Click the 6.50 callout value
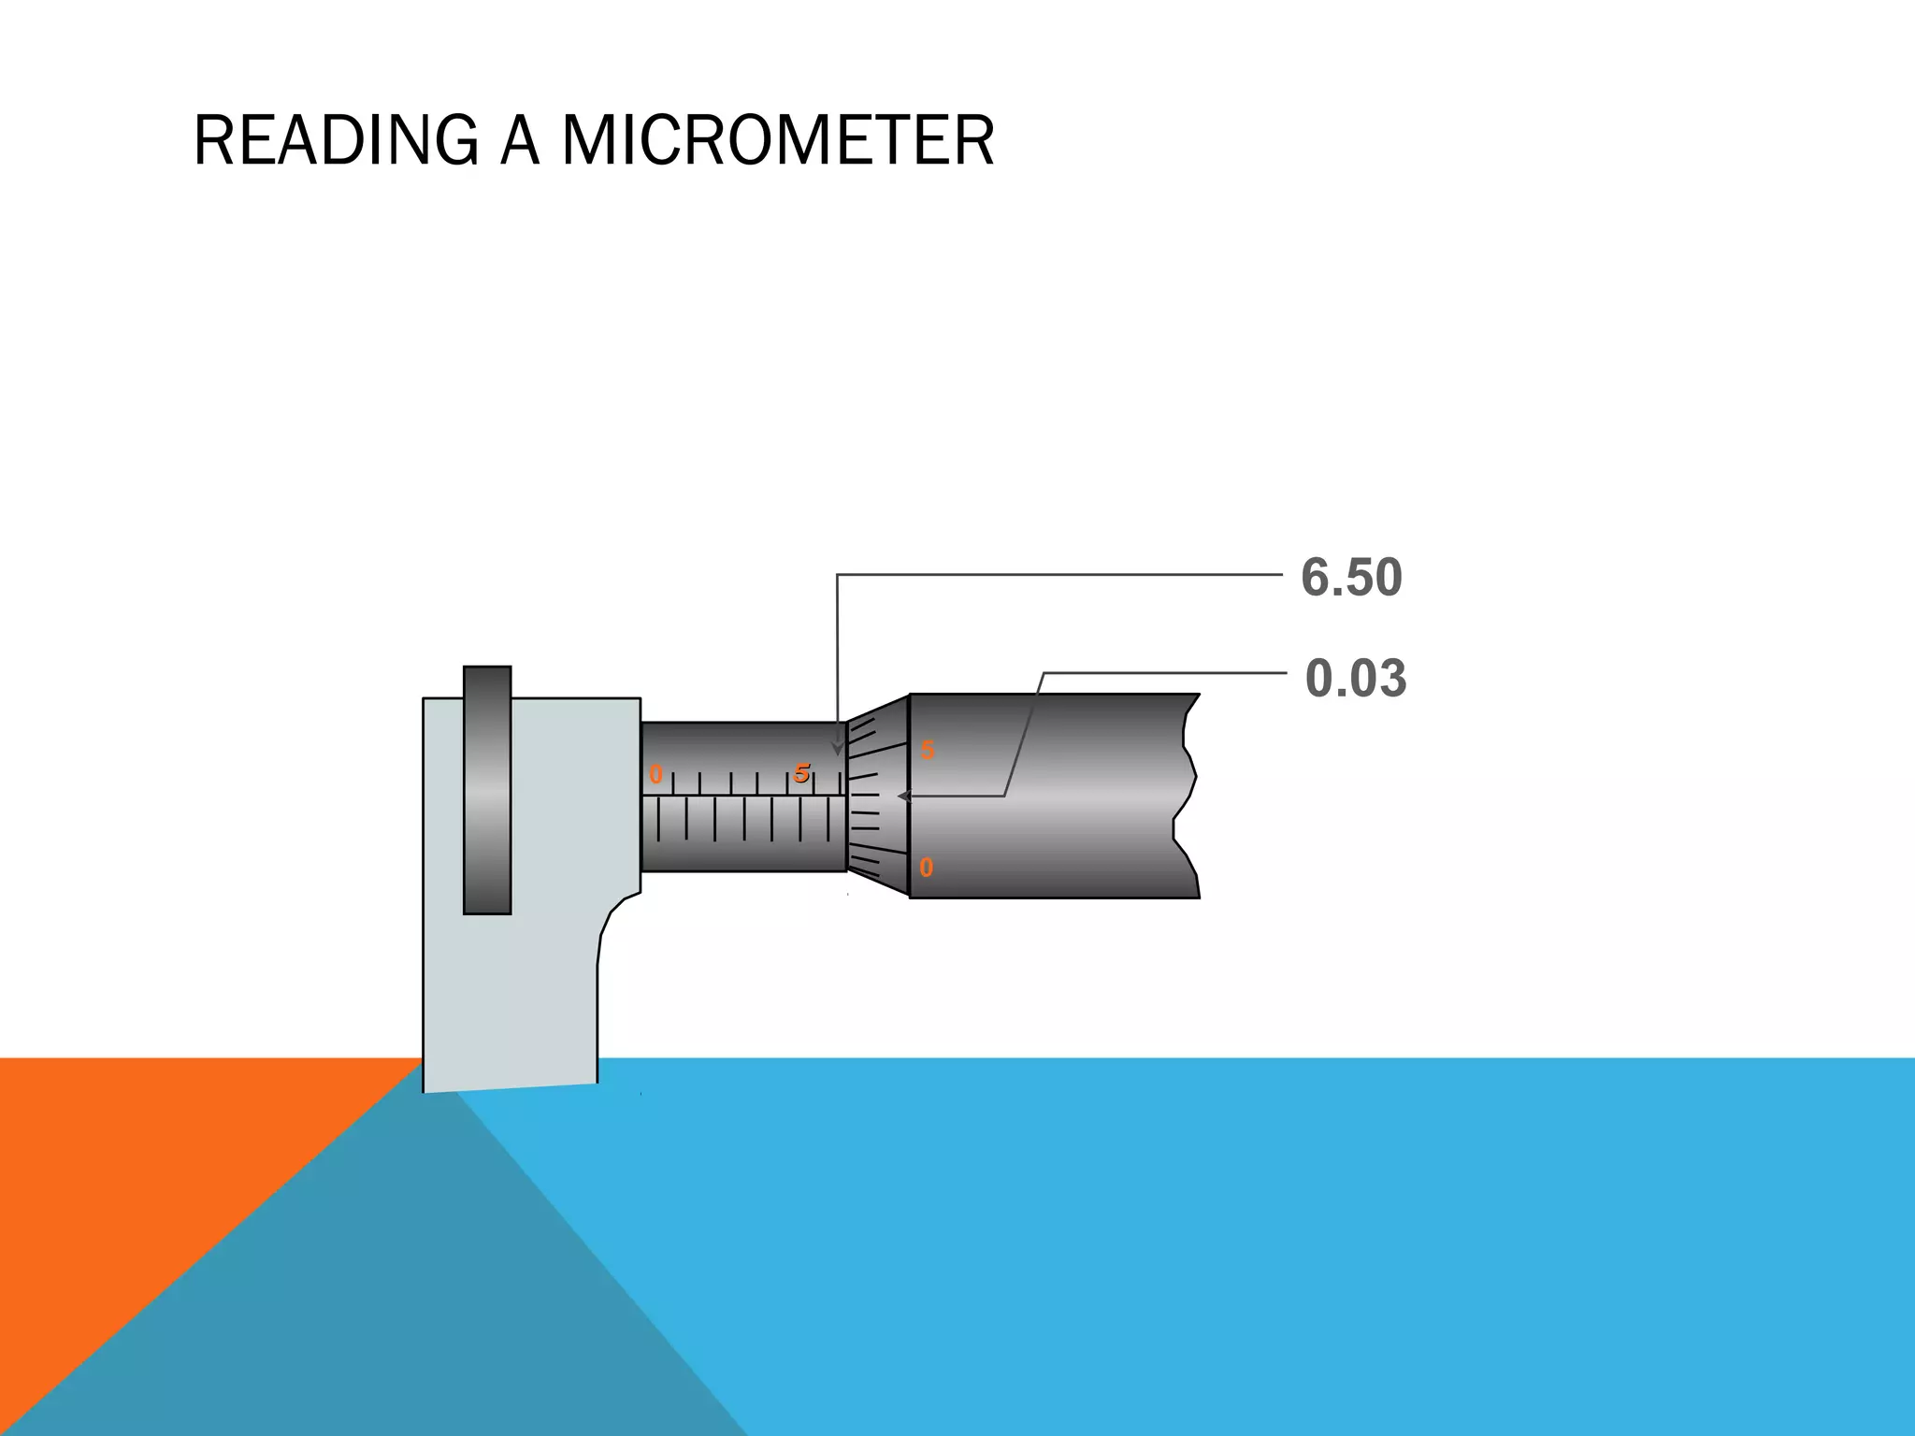(1351, 577)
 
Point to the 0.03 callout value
(1355, 678)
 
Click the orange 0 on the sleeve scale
(655, 775)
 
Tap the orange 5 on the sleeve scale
(801, 773)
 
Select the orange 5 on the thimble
(927, 750)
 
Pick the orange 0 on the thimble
(926, 868)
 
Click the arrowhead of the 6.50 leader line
(838, 749)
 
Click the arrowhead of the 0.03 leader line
(903, 796)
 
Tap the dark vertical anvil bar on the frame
(487, 790)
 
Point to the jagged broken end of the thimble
(1186, 795)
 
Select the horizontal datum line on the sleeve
(743, 796)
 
